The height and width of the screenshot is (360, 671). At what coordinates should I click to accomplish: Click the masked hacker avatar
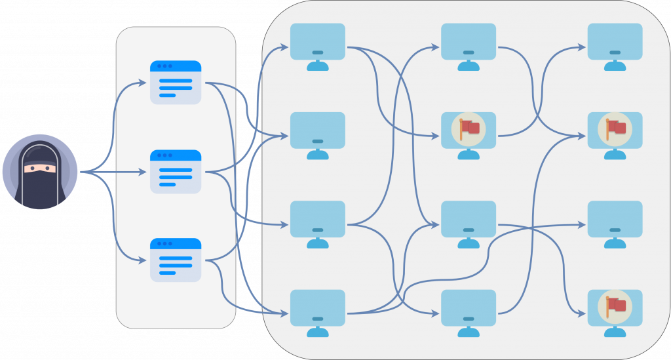[x=40, y=172]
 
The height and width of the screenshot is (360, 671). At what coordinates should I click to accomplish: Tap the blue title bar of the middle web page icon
[x=176, y=155]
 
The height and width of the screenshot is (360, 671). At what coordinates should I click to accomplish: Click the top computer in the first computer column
[x=318, y=42]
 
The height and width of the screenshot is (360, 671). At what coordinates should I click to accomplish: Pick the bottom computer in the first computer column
[x=318, y=308]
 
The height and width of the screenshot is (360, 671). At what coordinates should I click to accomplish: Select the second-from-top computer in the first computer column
[x=318, y=130]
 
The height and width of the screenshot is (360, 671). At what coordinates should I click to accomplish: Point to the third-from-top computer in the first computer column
[x=318, y=219]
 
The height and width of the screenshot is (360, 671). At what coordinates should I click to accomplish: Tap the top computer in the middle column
[x=469, y=42]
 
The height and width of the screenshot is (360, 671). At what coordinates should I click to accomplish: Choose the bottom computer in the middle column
[x=469, y=308]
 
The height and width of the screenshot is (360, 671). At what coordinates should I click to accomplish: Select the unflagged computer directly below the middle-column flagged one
[x=469, y=219]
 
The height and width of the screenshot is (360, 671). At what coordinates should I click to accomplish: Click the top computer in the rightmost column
[x=615, y=42]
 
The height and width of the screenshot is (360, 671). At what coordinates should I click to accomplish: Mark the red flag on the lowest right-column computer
[x=615, y=306]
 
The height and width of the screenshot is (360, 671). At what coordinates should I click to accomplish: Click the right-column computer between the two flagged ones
[x=615, y=219]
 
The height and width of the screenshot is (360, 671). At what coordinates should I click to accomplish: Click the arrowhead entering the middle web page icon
[x=144, y=172]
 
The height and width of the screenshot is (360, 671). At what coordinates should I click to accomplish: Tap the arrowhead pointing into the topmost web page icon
[x=144, y=83]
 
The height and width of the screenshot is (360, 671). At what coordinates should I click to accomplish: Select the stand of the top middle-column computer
[x=469, y=66]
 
